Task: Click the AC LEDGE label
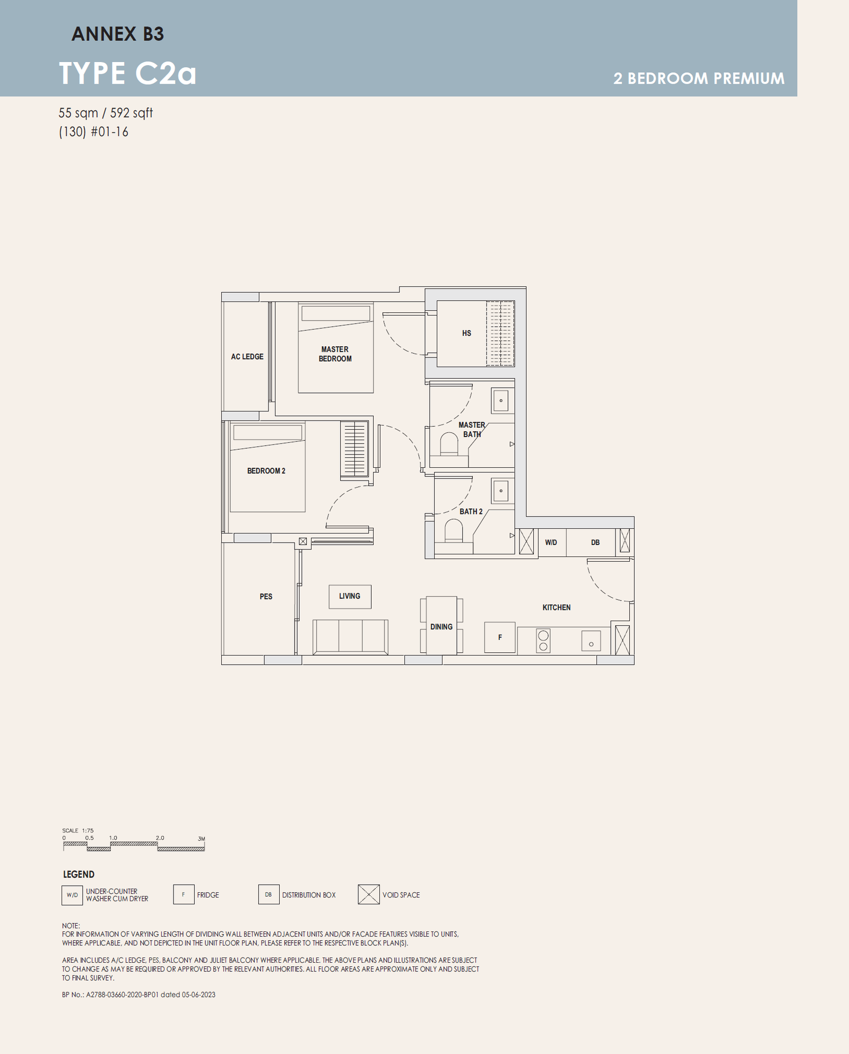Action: tap(247, 356)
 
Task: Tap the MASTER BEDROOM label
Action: tap(335, 354)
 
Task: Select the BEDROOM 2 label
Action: tap(266, 471)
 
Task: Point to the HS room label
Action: tap(466, 333)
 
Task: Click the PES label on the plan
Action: tap(266, 596)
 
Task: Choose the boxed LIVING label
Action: tap(350, 596)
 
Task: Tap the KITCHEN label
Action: tap(556, 607)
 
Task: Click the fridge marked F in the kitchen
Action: tap(500, 637)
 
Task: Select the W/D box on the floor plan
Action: tap(552, 542)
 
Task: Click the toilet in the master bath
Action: tap(449, 445)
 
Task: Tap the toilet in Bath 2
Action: tap(454, 530)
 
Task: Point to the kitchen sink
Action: tap(591, 641)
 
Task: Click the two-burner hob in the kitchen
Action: tap(543, 641)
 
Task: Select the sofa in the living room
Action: tap(350, 637)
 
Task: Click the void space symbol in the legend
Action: tap(369, 894)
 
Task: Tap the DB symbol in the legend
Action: tap(268, 894)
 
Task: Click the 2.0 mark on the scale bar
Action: tap(160, 838)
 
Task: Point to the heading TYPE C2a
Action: tap(127, 73)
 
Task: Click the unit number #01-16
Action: tap(110, 132)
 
